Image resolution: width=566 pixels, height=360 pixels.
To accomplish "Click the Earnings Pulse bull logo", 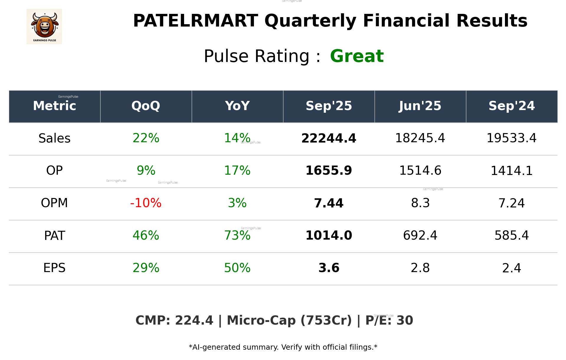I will click(44, 27).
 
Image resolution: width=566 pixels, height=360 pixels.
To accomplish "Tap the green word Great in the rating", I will click(357, 56).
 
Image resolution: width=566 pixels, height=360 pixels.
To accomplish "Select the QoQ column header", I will click(146, 106).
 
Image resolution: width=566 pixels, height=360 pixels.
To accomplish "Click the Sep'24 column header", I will click(511, 106).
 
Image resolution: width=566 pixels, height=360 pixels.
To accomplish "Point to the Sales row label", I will click(55, 138).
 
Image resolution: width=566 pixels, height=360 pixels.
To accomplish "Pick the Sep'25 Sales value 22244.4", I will click(329, 138).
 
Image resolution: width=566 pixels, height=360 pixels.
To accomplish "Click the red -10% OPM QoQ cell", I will click(146, 203).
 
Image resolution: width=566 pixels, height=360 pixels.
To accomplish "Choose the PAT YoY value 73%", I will click(237, 235).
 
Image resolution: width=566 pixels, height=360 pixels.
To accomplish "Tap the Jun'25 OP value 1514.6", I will click(420, 171).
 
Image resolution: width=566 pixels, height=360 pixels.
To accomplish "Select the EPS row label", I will click(55, 268).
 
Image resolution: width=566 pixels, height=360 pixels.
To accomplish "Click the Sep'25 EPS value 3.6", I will click(329, 268).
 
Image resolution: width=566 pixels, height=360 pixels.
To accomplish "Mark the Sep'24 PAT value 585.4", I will click(511, 235).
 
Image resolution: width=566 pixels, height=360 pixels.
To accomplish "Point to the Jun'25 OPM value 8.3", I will click(420, 203).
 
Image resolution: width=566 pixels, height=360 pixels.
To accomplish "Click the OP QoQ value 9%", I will click(146, 171).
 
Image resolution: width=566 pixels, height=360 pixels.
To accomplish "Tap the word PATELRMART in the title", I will click(195, 21).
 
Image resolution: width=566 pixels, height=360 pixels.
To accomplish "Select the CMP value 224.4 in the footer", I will click(194, 320).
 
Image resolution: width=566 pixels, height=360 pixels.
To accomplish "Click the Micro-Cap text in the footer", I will click(261, 320).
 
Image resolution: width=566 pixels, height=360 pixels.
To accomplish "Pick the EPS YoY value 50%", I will click(237, 268).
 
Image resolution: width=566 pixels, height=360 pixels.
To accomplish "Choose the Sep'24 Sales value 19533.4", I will click(511, 138).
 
